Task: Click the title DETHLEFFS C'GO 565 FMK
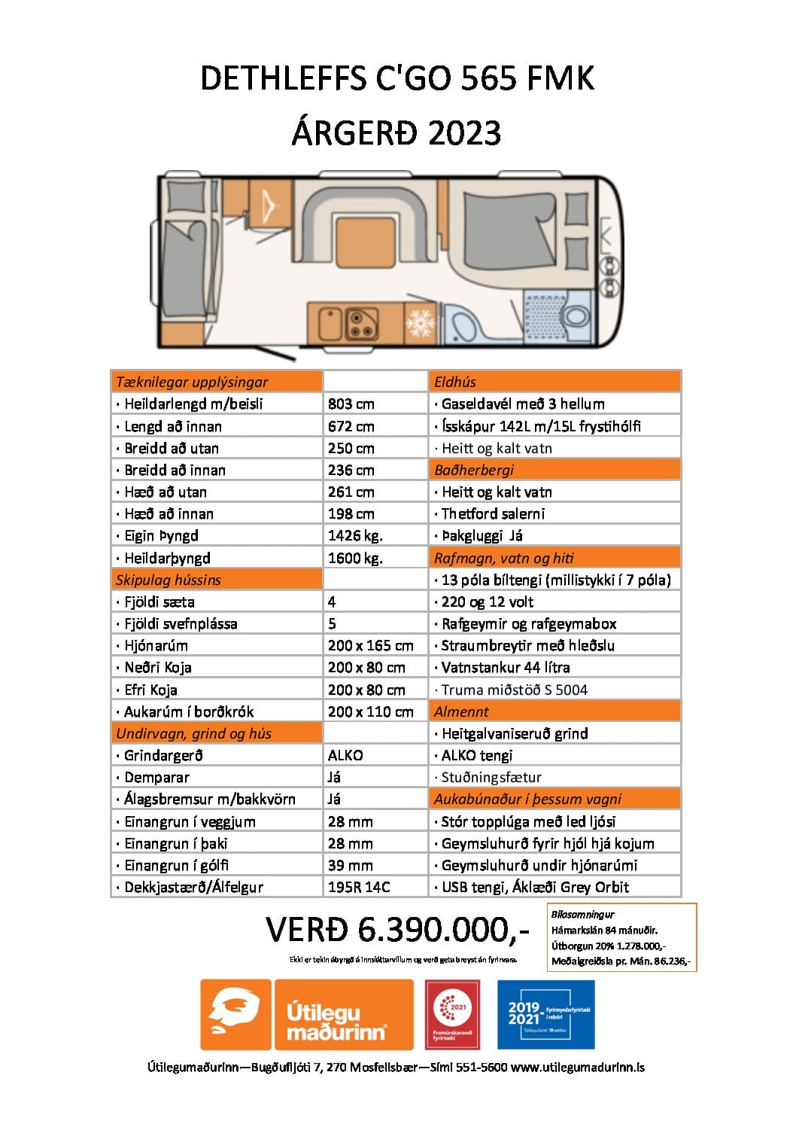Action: coord(397,79)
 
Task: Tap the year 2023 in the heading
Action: coord(464,133)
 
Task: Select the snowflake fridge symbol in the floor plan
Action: coord(420,322)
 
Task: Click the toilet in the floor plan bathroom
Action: coord(576,315)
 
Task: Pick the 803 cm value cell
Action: coord(351,404)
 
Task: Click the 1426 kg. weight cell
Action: coord(355,536)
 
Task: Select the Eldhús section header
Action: coord(455,382)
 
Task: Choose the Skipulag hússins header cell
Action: coord(169,580)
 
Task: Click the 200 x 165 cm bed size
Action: coord(370,646)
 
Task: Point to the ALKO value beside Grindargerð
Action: coord(345,755)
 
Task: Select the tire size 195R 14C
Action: coord(359,887)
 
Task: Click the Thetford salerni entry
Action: coord(493,513)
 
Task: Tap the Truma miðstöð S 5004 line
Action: coord(514,690)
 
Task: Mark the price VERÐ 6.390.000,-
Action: coord(397,930)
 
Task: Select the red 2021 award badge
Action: coord(452,1014)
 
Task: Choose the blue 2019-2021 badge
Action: coord(545,1014)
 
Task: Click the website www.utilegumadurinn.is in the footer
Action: coord(577,1067)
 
